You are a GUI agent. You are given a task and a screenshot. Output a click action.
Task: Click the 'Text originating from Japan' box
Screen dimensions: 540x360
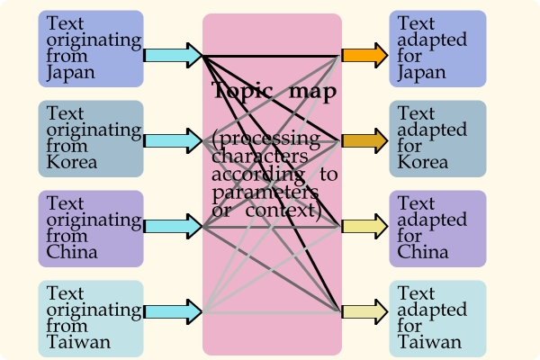click(x=91, y=49)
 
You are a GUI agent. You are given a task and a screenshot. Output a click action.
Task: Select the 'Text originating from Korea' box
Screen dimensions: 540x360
click(x=91, y=139)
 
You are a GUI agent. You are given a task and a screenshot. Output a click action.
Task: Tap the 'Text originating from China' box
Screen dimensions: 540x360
click(x=91, y=229)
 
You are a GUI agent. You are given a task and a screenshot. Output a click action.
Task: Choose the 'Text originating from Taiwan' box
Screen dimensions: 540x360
click(x=91, y=319)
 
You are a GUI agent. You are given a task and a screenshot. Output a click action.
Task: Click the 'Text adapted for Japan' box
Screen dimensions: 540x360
click(x=437, y=49)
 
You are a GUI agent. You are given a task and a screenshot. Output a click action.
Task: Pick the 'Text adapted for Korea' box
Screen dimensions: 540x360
click(x=437, y=139)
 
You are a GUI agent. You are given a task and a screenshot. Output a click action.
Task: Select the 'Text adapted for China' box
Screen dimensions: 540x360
click(x=437, y=229)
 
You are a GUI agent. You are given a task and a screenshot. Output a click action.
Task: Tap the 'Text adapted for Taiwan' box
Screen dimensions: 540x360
click(x=437, y=319)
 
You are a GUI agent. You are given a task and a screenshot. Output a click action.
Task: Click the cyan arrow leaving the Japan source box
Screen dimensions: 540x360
click(x=173, y=55)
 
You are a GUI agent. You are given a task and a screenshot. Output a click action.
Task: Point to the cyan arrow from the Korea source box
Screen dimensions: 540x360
click(x=173, y=141)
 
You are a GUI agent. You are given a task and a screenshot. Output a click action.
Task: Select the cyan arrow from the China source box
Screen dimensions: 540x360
click(x=173, y=226)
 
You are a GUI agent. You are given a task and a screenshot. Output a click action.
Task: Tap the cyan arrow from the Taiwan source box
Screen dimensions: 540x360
click(x=173, y=311)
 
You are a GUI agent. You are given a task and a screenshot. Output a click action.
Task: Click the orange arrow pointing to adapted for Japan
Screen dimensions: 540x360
click(x=365, y=55)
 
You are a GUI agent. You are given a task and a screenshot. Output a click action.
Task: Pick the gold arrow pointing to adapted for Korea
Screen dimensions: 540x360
click(x=365, y=141)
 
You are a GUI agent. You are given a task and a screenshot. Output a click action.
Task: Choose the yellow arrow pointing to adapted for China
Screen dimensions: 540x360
click(x=365, y=226)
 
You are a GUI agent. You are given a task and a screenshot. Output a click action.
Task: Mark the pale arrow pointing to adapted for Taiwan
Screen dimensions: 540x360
click(x=365, y=311)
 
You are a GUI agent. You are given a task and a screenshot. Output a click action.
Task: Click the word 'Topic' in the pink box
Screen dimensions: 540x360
click(x=242, y=91)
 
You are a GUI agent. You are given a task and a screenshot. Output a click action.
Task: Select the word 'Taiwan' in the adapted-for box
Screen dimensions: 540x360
click(x=429, y=342)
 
